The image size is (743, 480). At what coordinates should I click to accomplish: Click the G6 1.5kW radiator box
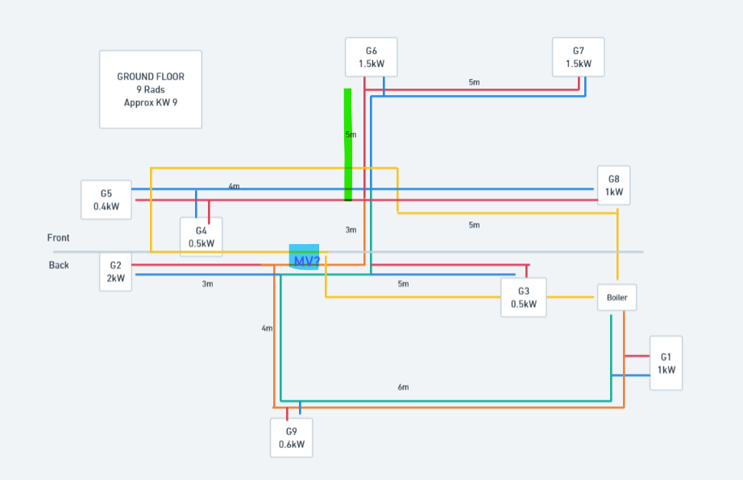point(371,56)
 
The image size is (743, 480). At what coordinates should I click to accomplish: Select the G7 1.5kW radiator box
point(578,56)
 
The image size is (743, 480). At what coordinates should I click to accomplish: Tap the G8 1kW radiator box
point(614,185)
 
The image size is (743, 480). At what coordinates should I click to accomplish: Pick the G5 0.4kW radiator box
point(106,200)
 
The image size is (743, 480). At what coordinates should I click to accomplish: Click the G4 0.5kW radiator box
point(201,237)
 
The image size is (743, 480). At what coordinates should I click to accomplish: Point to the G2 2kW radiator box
point(115,271)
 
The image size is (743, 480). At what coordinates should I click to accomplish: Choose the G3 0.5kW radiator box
point(523,297)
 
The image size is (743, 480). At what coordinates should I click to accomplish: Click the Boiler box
point(616,297)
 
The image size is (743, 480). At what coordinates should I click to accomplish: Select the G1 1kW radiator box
point(666,363)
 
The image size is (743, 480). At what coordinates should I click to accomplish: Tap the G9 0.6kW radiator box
point(292,437)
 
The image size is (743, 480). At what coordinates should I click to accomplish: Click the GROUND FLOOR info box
point(151,89)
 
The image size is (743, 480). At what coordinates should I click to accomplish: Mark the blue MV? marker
point(305,257)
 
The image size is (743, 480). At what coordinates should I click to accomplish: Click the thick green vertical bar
point(348,144)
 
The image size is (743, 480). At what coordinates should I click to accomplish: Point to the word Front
point(58,238)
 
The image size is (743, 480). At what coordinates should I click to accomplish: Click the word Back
point(59,265)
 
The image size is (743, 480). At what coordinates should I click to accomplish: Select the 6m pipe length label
point(403,387)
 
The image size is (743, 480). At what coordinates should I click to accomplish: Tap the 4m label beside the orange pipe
point(267,328)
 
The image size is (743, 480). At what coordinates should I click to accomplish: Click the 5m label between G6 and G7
point(474,82)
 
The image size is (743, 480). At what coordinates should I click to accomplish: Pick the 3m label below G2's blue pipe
point(207,284)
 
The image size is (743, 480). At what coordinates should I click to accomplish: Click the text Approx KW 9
point(151,102)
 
